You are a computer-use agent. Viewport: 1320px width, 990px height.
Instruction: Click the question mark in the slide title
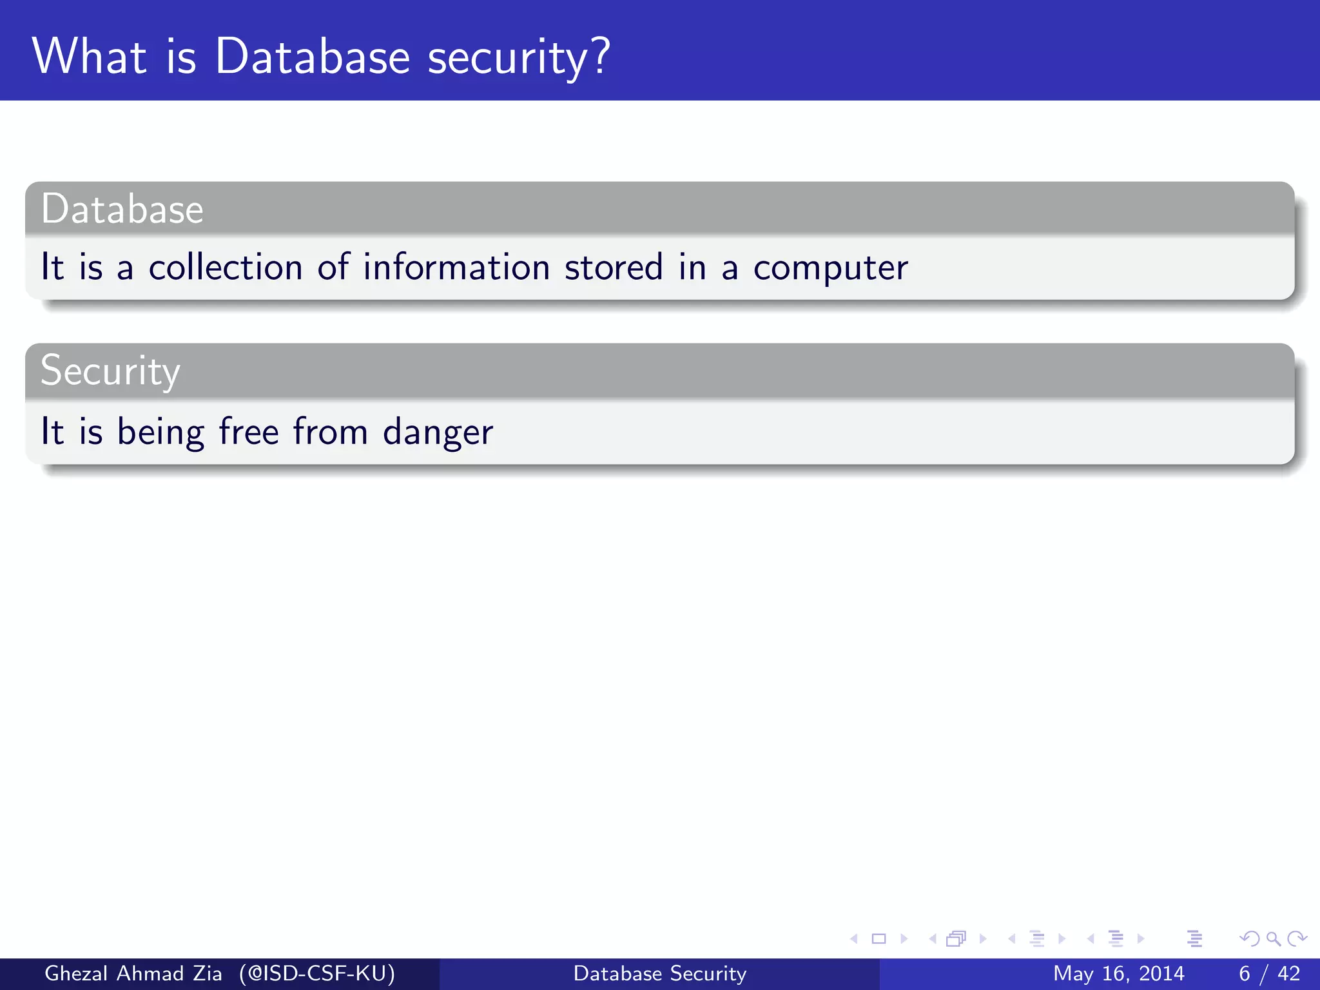[x=599, y=57]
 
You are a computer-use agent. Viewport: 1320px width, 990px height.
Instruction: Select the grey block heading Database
[x=122, y=209]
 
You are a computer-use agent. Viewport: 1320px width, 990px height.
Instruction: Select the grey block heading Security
[x=110, y=372]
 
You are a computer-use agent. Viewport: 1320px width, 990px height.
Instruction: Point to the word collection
[x=226, y=267]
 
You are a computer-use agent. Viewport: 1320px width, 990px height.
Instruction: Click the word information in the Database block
[x=456, y=267]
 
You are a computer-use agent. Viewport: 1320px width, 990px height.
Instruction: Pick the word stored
[x=614, y=267]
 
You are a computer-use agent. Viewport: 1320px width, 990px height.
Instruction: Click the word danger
[x=438, y=432]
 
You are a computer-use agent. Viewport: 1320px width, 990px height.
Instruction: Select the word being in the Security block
[x=160, y=432]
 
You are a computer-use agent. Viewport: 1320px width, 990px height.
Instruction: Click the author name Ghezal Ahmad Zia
[x=133, y=973]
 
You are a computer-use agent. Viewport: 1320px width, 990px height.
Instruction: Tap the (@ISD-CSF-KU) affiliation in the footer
[x=316, y=973]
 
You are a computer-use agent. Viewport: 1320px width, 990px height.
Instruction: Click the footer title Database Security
[x=660, y=973]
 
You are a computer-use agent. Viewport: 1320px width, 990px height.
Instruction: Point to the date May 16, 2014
[x=1118, y=973]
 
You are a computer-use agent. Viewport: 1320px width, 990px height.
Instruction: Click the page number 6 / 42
[x=1269, y=973]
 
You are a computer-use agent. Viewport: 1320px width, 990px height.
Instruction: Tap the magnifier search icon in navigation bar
[x=1273, y=938]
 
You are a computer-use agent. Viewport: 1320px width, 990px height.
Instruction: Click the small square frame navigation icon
[x=878, y=938]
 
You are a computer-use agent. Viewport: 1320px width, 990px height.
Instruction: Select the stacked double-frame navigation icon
[x=956, y=938]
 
